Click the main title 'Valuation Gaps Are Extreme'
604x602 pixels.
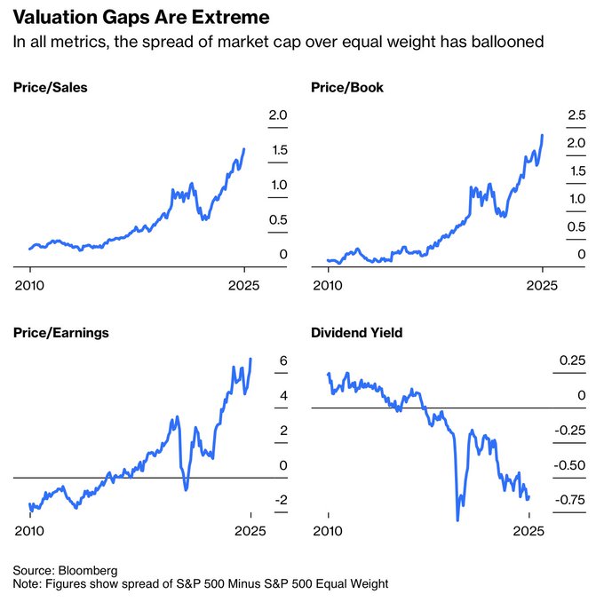point(141,18)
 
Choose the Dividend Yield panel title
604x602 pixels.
point(357,333)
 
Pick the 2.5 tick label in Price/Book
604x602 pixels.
point(576,115)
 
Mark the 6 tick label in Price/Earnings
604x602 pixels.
point(282,360)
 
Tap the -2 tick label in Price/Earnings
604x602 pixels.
point(280,500)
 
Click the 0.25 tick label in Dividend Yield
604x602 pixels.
point(572,360)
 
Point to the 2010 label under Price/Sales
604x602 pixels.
point(30,286)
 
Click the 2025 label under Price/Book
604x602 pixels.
point(542,286)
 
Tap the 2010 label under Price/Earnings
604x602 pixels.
point(30,531)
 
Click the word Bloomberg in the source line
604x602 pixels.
point(88,569)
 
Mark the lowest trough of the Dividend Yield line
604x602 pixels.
point(457,519)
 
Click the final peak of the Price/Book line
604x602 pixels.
point(542,136)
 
